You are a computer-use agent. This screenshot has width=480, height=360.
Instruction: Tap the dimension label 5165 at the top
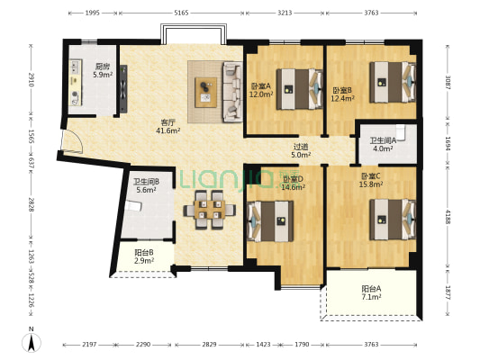(181, 13)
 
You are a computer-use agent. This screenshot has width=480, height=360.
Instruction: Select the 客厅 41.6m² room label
(168, 127)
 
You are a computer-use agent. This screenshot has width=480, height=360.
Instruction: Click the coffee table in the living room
(205, 93)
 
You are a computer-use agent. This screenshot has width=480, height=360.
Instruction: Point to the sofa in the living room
(232, 92)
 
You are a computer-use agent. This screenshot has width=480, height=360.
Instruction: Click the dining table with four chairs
(210, 210)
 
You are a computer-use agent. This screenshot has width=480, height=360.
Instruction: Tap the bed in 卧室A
(299, 89)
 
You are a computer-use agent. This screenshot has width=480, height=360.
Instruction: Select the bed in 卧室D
(270, 220)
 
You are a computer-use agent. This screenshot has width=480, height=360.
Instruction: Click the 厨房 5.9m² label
(103, 70)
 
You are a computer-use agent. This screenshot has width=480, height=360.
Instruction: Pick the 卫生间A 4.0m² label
(383, 145)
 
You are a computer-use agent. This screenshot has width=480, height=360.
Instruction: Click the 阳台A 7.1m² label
(371, 292)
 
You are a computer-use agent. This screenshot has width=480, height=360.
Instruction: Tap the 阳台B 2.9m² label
(144, 256)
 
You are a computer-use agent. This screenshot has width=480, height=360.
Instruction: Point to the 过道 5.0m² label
(301, 151)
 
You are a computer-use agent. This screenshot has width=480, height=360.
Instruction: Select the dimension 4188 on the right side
(448, 217)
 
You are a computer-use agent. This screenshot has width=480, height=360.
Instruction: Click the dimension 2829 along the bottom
(210, 345)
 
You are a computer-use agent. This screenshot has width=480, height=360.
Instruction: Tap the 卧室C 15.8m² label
(371, 180)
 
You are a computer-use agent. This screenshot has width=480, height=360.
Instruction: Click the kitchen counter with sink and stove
(76, 83)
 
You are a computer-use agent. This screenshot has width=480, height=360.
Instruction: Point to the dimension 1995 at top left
(92, 13)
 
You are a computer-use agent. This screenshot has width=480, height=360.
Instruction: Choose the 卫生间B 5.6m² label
(146, 185)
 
